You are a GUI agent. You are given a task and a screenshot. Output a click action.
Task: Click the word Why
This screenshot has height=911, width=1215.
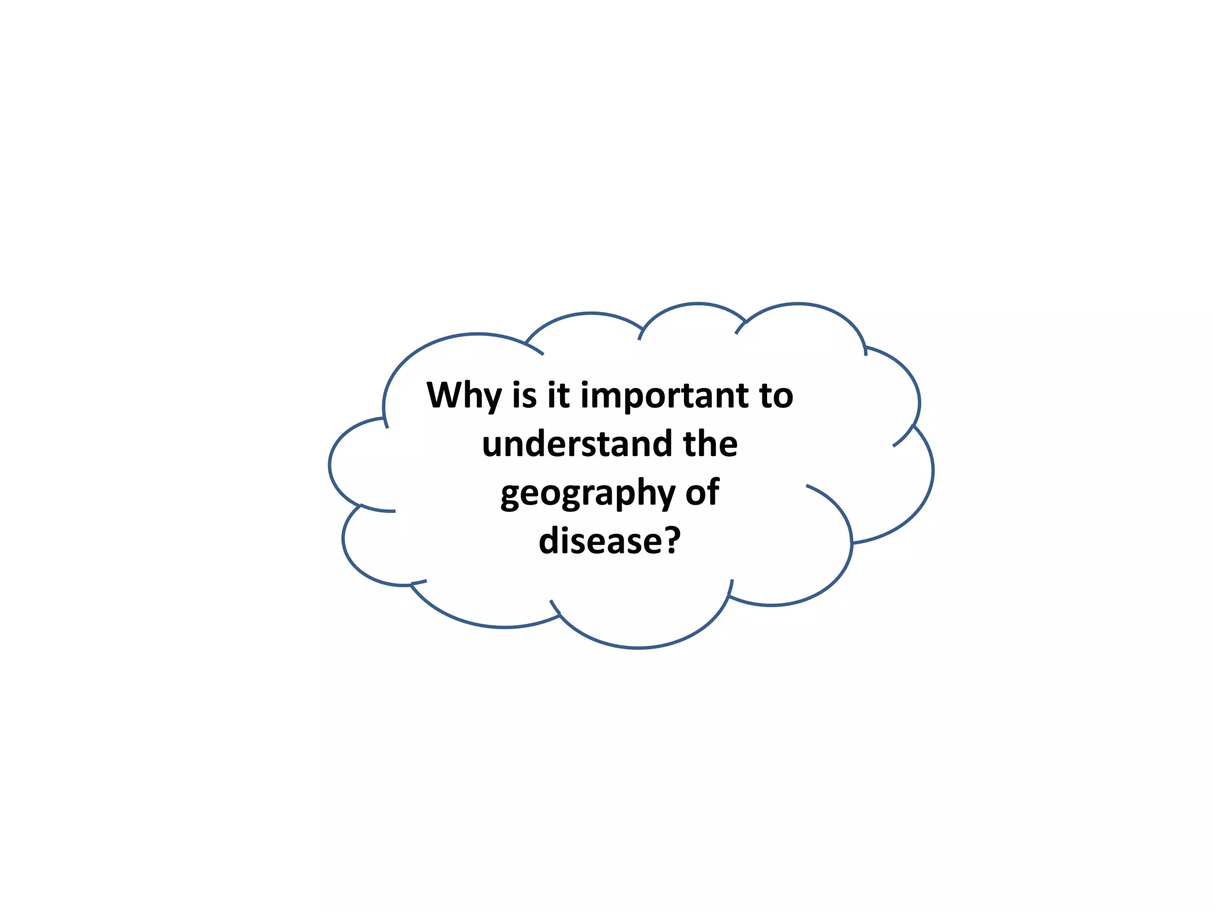[x=464, y=396]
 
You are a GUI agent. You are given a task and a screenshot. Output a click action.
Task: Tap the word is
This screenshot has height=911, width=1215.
[x=524, y=396]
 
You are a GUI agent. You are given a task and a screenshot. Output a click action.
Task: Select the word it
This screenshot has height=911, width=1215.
[x=558, y=396]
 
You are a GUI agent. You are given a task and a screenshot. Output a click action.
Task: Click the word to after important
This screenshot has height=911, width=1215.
[x=776, y=396]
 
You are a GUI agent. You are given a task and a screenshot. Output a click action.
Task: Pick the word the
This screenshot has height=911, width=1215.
[x=710, y=444]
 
